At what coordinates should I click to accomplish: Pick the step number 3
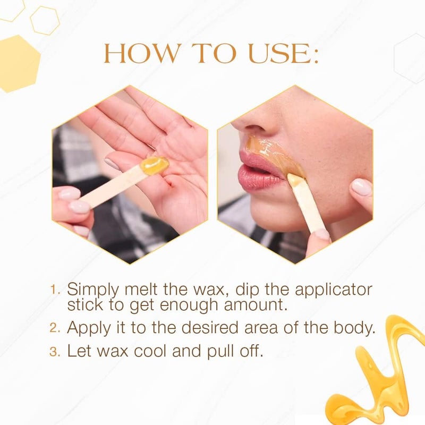pos(54,352)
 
